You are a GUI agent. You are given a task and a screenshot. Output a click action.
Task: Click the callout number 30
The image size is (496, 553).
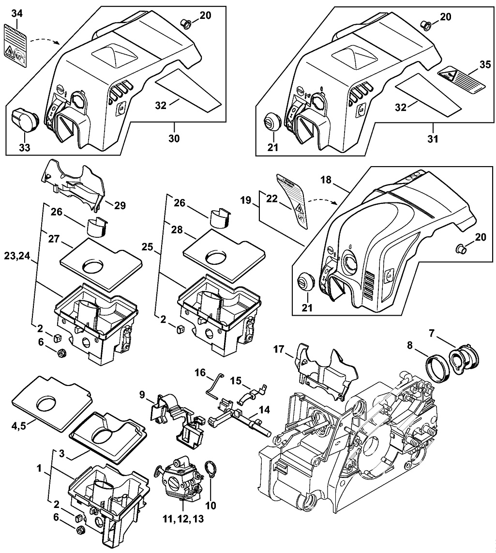pos(174,138)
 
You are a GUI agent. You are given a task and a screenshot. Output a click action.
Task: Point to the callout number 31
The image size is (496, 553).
pos(432,138)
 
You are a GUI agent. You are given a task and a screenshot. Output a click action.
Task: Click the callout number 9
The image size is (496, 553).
pos(142,395)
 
